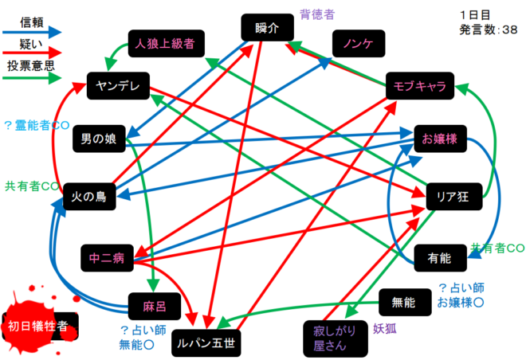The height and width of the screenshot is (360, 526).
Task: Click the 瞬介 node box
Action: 267,28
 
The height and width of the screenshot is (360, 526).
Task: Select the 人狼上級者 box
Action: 167,44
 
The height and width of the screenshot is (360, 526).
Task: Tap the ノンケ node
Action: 359,44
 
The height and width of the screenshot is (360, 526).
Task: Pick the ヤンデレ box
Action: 118,86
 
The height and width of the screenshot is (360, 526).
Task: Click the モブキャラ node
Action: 420,86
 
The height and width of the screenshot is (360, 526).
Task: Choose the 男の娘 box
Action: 99,139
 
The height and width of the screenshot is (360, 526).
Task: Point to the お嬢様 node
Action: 441,139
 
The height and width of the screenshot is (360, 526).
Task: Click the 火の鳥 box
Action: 89,197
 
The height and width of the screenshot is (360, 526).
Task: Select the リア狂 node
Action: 454,197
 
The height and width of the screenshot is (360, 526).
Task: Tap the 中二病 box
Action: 107,258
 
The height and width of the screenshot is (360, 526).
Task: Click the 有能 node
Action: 441,258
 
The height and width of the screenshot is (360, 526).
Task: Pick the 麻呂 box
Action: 155,307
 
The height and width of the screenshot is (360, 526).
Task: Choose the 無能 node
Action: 405,302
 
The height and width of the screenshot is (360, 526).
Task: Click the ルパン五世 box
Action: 206,343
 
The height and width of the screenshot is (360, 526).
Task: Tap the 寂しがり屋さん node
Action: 336,338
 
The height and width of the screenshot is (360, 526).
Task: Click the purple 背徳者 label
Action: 317,14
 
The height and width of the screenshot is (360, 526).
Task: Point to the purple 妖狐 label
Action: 385,329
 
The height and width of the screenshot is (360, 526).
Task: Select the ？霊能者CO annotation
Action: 37,125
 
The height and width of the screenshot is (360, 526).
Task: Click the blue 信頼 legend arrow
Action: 32,33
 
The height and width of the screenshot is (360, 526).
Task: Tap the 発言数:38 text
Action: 489,29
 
